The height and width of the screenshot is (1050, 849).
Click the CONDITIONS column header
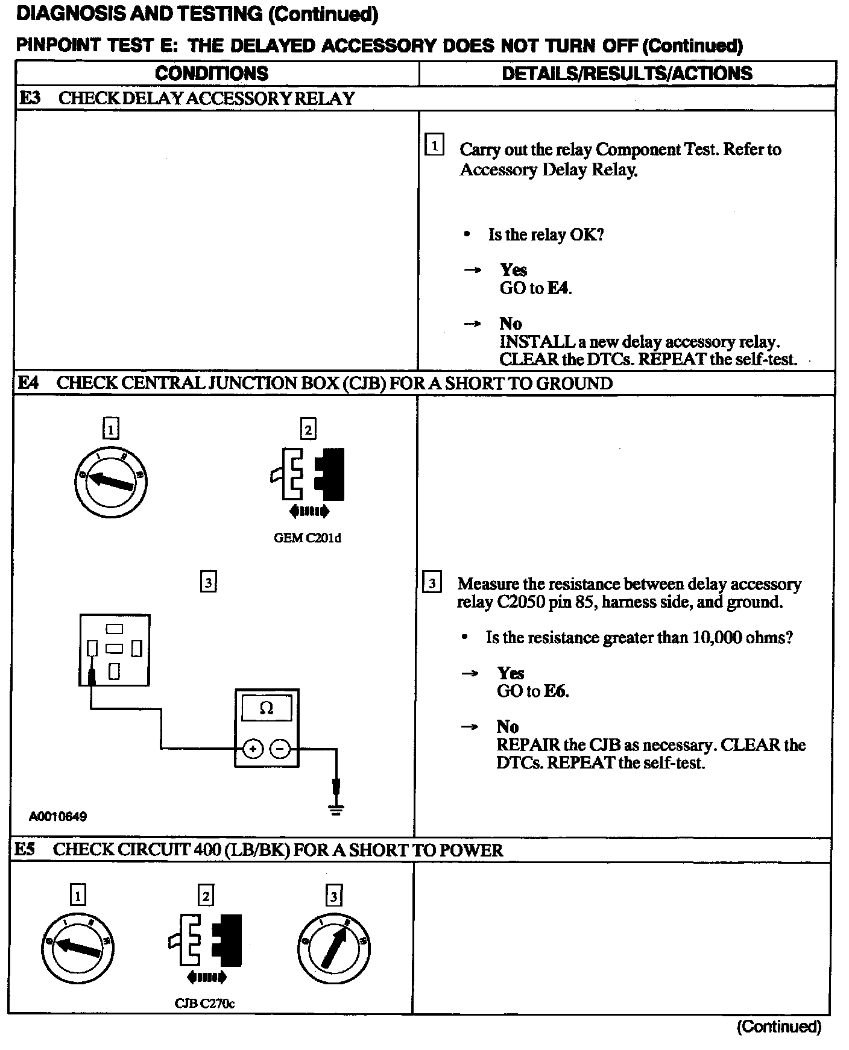point(212,74)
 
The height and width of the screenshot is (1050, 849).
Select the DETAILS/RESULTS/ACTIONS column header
point(627,74)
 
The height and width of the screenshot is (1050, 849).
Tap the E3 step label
point(31,98)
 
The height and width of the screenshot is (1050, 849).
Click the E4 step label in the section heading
point(29,383)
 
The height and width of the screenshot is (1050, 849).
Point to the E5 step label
point(25,849)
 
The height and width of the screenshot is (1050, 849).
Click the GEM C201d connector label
point(307,538)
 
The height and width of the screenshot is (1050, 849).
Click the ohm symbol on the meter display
point(266,709)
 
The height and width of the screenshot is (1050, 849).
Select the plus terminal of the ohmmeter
point(253,749)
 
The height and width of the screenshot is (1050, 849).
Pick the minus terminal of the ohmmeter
point(280,749)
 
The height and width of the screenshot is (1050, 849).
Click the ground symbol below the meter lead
point(336,810)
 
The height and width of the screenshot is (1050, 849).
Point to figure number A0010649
point(58,817)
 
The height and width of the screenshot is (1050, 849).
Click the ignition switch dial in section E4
point(111,482)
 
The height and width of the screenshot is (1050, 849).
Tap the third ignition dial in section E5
point(333,948)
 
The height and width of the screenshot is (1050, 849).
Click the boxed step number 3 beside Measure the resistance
point(432,583)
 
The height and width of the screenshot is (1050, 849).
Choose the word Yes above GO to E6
point(511,673)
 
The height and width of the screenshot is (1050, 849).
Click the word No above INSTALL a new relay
point(511,324)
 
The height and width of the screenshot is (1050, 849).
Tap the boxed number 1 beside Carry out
point(434,145)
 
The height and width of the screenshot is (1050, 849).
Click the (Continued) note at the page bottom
point(778,1026)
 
